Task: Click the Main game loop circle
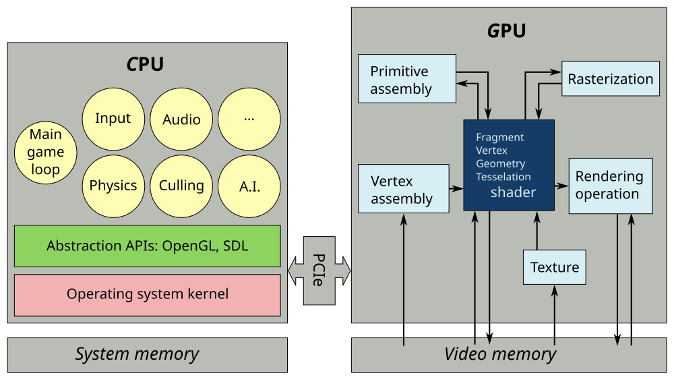pyautogui.click(x=46, y=153)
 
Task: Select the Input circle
pyautogui.click(x=113, y=119)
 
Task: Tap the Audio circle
pyautogui.click(x=181, y=119)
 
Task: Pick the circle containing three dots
pyautogui.click(x=249, y=119)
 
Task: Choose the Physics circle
pyautogui.click(x=113, y=186)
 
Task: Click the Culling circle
pyautogui.click(x=181, y=186)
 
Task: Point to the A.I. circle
pyautogui.click(x=249, y=186)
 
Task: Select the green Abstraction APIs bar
pyautogui.click(x=148, y=246)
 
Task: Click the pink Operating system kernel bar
pyautogui.click(x=148, y=295)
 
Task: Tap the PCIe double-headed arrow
pyautogui.click(x=319, y=271)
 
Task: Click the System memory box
pyautogui.click(x=148, y=354)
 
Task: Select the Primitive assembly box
pyautogui.click(x=407, y=78)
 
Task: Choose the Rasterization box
pyautogui.click(x=611, y=79)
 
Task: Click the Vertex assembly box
pyautogui.click(x=404, y=188)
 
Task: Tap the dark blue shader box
pyautogui.click(x=509, y=165)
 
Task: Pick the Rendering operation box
pyautogui.click(x=611, y=186)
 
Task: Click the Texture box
pyautogui.click(x=555, y=267)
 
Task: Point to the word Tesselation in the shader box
pyautogui.click(x=503, y=177)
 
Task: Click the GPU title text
pyautogui.click(x=507, y=31)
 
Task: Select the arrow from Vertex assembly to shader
pyautogui.click(x=456, y=188)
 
